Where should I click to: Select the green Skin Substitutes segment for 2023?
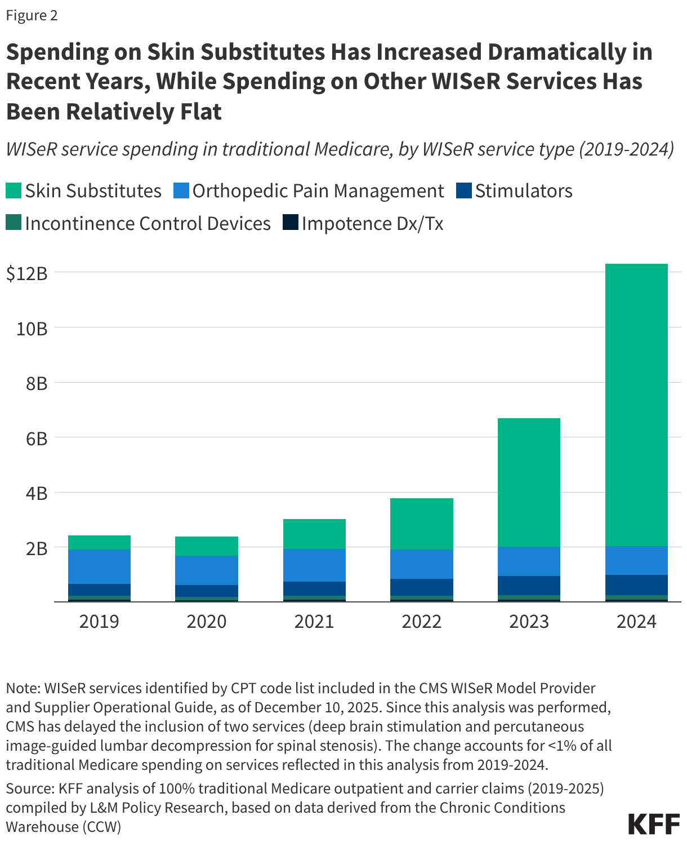point(529,482)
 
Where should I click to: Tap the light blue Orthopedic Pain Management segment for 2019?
point(99,566)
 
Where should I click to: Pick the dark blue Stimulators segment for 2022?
point(422,587)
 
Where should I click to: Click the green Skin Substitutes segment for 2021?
point(314,534)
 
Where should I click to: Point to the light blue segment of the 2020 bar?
point(207,570)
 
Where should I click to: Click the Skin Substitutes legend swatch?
point(14,190)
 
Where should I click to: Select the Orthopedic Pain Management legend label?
point(318,190)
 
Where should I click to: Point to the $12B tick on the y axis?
point(26,273)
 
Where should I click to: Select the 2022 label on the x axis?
point(422,621)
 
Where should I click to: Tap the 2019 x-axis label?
point(99,621)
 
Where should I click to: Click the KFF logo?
point(654,824)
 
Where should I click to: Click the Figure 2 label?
point(32,15)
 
